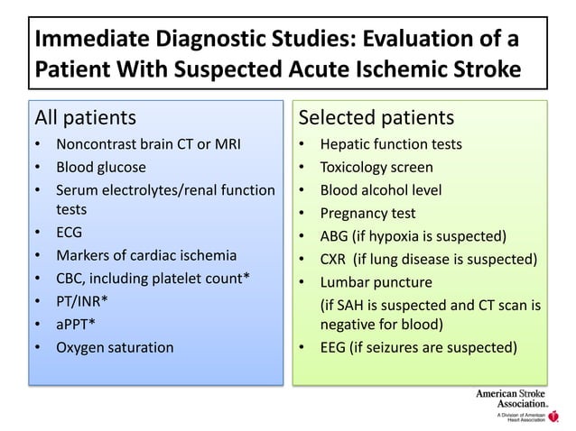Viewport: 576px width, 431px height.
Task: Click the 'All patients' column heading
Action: point(86,118)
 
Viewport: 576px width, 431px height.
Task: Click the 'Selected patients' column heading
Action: point(376,118)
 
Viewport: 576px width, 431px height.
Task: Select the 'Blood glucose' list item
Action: point(100,167)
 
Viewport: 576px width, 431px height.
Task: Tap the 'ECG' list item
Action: point(70,233)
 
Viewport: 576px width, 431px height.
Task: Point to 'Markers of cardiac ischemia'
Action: point(145,255)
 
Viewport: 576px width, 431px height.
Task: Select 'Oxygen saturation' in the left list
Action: point(115,346)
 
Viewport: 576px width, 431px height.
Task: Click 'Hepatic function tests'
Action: point(391,144)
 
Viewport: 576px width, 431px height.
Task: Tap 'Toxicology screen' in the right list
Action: point(376,168)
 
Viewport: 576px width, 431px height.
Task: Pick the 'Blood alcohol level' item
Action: point(381,190)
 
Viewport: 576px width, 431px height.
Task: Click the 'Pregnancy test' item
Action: point(368,214)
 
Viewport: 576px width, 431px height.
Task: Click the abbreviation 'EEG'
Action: point(335,347)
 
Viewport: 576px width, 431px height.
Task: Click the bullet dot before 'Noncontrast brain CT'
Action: point(37,144)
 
